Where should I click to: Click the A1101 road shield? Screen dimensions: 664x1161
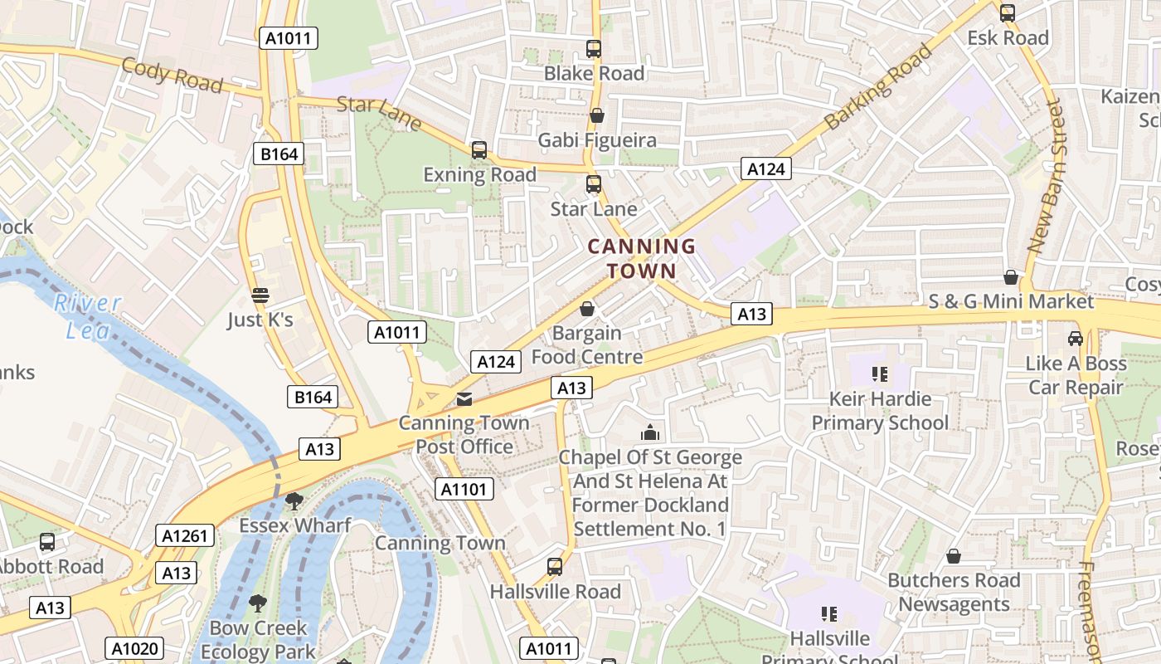[464, 489]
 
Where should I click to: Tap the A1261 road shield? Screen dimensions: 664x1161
[185, 535]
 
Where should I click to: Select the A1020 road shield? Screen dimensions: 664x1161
[134, 648]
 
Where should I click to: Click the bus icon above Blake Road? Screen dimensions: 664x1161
[594, 49]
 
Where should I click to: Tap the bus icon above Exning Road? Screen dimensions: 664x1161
[479, 150]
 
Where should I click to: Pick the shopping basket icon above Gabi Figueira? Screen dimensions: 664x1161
[596, 115]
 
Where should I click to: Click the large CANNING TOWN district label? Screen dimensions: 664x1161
[641, 258]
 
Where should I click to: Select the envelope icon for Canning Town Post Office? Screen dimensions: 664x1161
[464, 399]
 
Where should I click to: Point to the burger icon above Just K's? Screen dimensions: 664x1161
[260, 295]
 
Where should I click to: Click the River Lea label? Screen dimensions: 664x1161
[88, 316]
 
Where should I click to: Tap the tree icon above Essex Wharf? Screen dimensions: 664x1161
[294, 500]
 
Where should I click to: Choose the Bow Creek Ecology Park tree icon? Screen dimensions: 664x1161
[258, 603]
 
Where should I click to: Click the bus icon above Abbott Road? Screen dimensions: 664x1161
[47, 542]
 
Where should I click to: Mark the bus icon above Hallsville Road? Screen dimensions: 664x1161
[555, 567]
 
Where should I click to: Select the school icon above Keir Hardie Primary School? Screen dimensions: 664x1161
[880, 374]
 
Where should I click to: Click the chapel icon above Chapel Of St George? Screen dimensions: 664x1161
[650, 432]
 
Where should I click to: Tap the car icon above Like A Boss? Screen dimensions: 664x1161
[1076, 339]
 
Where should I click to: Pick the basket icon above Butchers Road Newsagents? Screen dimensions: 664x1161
[954, 555]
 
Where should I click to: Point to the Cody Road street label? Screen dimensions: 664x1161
[172, 76]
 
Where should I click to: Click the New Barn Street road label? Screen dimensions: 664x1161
[1045, 177]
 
